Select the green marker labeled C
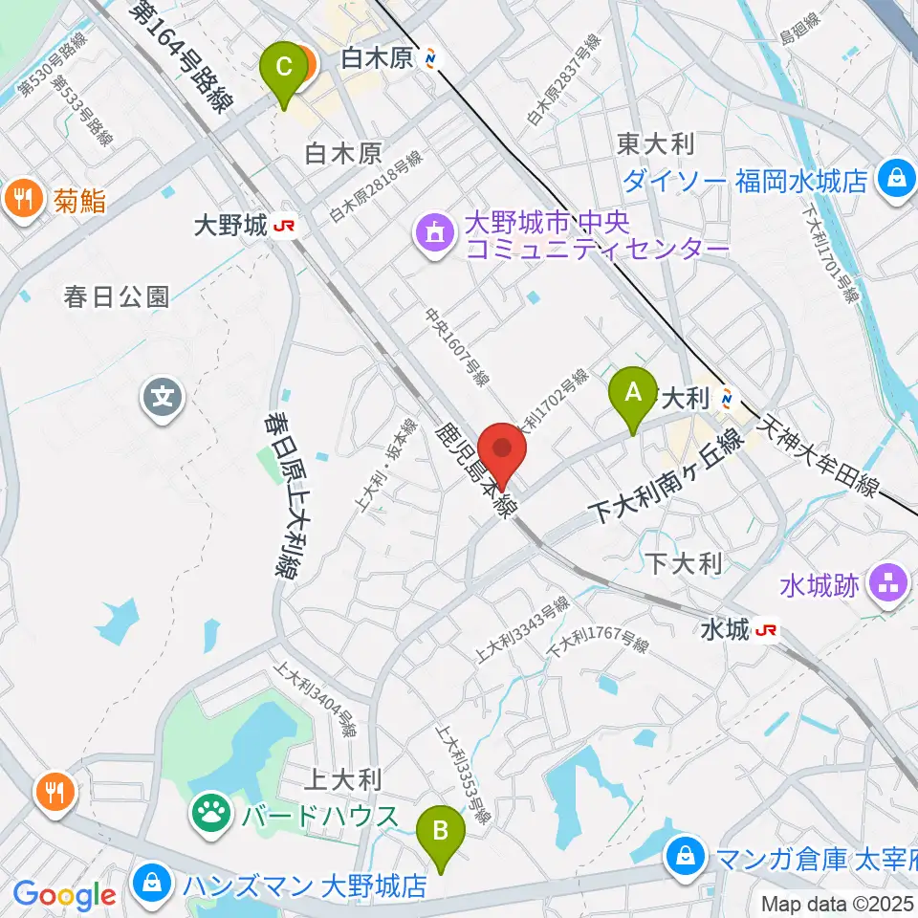click(x=284, y=72)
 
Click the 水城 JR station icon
click(x=766, y=630)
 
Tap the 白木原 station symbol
click(x=434, y=59)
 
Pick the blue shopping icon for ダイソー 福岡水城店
click(x=897, y=178)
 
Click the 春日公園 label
click(x=118, y=297)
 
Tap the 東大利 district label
click(x=655, y=143)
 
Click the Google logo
click(x=64, y=896)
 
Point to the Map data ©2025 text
click(x=838, y=903)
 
